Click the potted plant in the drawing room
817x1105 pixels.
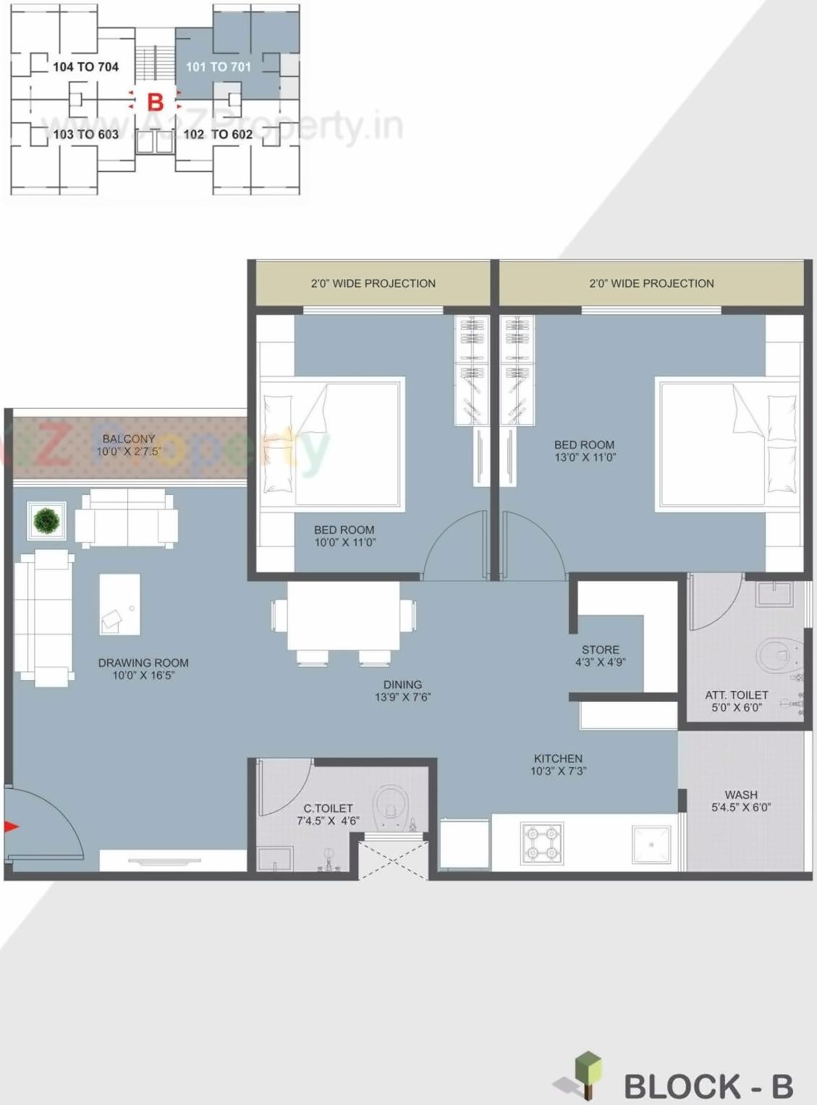tap(46, 520)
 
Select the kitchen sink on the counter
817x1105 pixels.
tap(651, 844)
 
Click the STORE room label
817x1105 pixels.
tap(600, 650)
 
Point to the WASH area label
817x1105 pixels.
tap(741, 795)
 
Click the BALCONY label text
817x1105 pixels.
tap(129, 439)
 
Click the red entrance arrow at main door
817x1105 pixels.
tap(11, 826)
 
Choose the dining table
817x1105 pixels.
tap(344, 616)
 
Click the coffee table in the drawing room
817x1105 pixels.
tap(119, 604)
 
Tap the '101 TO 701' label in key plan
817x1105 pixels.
tap(218, 67)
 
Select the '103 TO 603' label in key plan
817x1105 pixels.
tap(85, 134)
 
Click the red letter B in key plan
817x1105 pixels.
tap(155, 102)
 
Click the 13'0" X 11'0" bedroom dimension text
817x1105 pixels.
tap(585, 457)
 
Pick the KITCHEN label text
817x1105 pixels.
tap(558, 758)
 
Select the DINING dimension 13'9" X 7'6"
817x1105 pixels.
tap(402, 697)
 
